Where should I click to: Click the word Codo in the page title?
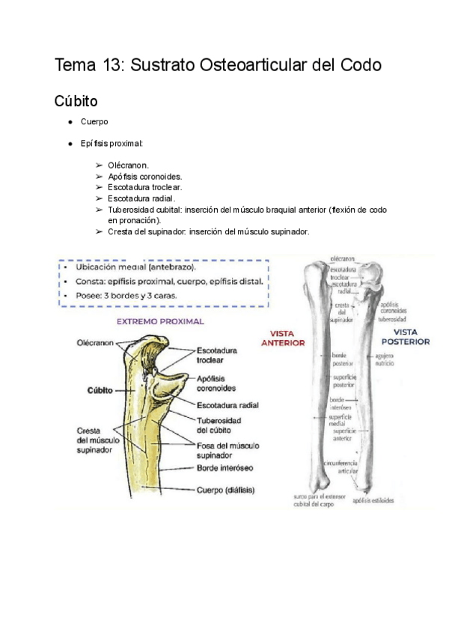[x=358, y=65]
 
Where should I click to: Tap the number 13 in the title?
[x=111, y=65]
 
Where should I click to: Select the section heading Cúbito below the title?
[x=76, y=100]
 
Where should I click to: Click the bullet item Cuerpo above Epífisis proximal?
[x=95, y=122]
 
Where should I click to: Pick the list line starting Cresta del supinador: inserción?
[x=208, y=232]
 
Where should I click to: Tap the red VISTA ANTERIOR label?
[x=282, y=338]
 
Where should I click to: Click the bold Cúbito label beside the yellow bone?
[x=100, y=390]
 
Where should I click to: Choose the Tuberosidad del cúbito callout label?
[x=219, y=425]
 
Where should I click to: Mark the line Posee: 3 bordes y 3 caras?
[x=126, y=296]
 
